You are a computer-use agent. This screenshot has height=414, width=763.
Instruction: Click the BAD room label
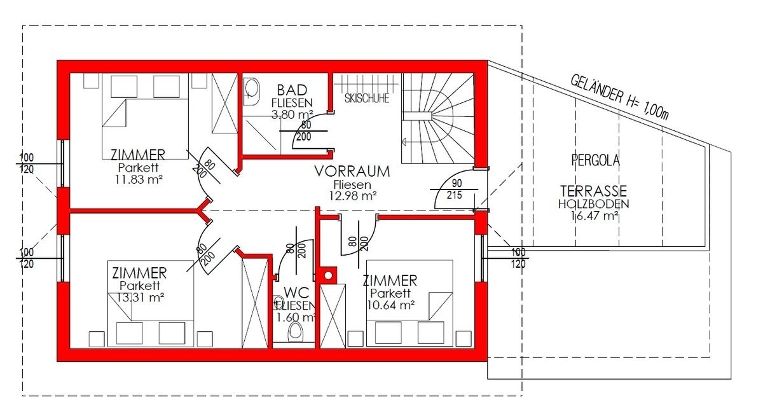tap(292, 90)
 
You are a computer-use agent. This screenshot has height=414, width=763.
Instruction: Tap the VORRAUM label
tap(352, 172)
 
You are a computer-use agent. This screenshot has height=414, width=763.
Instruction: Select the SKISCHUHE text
tap(366, 99)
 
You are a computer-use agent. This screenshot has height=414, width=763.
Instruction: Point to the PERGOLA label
tap(595, 160)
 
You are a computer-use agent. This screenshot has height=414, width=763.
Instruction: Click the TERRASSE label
tap(594, 191)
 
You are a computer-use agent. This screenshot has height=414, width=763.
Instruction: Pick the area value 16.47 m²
tap(595, 216)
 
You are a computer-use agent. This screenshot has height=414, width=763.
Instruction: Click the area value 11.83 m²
tap(139, 179)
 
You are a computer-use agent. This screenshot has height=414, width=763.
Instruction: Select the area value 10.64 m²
tap(390, 305)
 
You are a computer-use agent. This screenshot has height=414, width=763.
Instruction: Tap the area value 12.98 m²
tap(352, 196)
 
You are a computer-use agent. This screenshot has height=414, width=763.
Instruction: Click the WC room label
tap(296, 293)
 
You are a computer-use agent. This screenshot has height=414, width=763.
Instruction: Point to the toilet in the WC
tap(295, 331)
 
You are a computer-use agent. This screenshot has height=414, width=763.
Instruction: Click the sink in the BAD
tap(251, 92)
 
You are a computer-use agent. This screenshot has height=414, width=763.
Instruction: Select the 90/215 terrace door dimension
tap(455, 189)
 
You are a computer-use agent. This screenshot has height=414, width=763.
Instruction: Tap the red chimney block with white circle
tap(327, 275)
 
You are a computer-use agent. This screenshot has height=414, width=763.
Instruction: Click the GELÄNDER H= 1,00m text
tap(619, 98)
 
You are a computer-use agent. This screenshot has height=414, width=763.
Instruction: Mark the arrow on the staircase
tap(404, 142)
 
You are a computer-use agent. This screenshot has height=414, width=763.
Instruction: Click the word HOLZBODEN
tap(593, 204)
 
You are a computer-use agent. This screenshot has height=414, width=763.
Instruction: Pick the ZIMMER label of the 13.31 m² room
tap(139, 273)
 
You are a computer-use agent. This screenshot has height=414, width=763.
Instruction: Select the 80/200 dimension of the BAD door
tap(304, 131)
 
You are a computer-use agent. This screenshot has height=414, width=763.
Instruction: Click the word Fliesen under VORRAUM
tap(352, 184)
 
